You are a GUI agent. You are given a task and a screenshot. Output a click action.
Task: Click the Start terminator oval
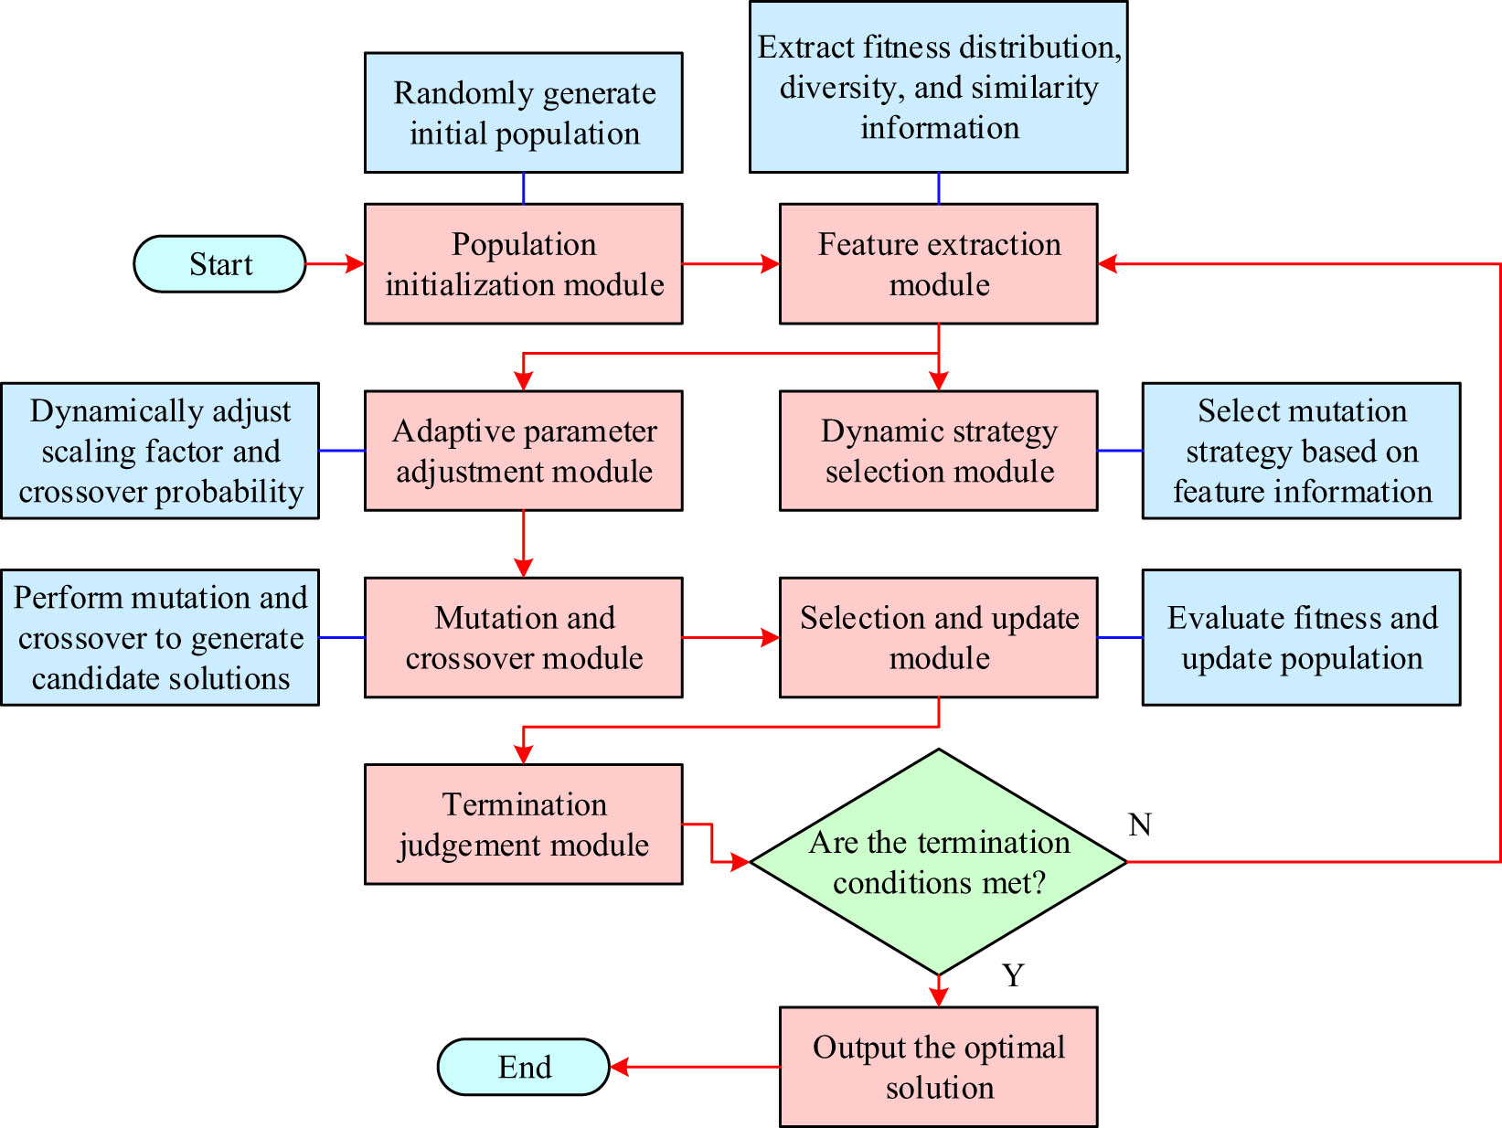coord(219,264)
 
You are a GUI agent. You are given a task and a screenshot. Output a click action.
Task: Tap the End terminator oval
coord(523,1067)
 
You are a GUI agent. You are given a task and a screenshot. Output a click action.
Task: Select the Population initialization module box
coord(523,264)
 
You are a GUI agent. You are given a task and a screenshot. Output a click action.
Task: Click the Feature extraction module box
coord(938,264)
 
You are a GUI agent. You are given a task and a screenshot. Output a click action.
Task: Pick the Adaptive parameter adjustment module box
coord(523,451)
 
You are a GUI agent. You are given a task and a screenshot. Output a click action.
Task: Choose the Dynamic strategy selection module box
coord(938,451)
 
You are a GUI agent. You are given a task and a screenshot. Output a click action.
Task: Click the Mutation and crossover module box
coord(523,637)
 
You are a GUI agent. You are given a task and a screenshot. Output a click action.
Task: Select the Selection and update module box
coord(938,637)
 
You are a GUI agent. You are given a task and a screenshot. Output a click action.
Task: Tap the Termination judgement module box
coord(523,824)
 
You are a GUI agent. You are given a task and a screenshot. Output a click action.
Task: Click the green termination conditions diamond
coord(938,862)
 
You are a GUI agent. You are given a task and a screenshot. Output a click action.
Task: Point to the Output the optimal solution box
coord(938,1067)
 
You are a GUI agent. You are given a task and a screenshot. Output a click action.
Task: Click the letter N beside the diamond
coord(1139,825)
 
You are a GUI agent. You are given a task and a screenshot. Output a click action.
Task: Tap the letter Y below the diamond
coord(1013,975)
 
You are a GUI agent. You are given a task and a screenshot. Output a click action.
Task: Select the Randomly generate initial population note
coord(523,112)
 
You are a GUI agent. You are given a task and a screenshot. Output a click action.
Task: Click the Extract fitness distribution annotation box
coord(938,87)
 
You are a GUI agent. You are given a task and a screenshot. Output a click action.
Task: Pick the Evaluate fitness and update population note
coord(1301,637)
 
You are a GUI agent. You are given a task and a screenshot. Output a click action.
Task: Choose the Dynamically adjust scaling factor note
coord(160,451)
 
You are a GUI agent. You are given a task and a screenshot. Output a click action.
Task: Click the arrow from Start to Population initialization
coord(335,264)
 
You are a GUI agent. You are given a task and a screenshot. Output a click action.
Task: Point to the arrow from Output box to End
coord(695,1067)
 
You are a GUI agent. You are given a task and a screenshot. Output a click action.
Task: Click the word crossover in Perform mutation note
coord(77,638)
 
